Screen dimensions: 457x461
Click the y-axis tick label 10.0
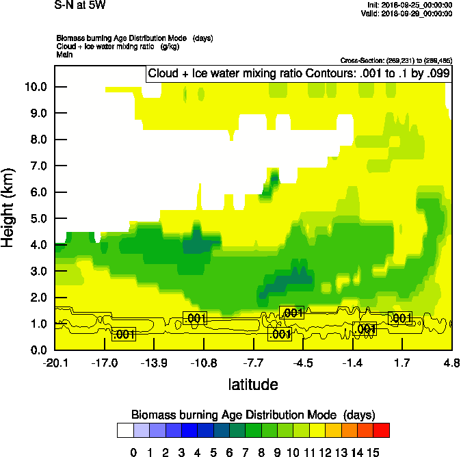36,87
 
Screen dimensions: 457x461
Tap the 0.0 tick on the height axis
38,350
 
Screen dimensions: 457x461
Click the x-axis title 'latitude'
253,384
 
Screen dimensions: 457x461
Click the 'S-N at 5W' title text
80,5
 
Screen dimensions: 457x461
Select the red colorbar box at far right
382,430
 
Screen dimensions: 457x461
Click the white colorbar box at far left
125,430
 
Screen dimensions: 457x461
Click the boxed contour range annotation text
298,74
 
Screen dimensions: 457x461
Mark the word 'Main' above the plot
64,53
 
